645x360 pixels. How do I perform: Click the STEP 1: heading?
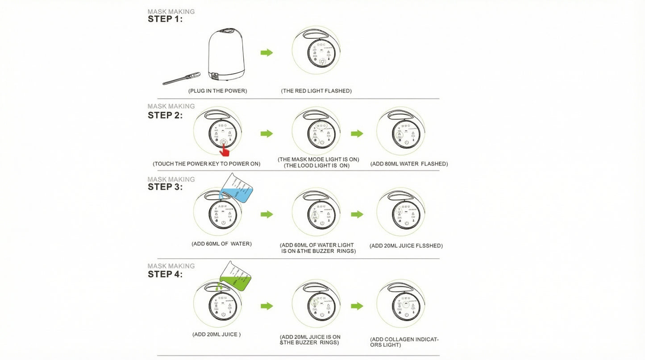click(x=165, y=19)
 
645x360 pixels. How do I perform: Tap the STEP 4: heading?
click(x=165, y=274)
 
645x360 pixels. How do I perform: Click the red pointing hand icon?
click(x=224, y=150)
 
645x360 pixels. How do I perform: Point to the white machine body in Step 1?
click(x=226, y=54)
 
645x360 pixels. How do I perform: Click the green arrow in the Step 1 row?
click(x=266, y=53)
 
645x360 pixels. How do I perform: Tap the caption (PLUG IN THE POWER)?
click(x=217, y=91)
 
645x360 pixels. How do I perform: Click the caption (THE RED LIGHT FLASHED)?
click(x=316, y=91)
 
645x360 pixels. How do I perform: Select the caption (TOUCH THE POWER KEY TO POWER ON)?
click(x=206, y=164)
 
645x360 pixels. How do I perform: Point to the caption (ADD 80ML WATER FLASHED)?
click(x=409, y=164)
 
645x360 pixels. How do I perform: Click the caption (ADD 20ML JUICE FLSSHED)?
click(x=406, y=246)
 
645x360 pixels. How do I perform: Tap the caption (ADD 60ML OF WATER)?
click(x=221, y=244)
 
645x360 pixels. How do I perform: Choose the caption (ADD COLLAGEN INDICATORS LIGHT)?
click(x=404, y=342)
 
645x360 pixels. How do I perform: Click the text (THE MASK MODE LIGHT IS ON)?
click(x=318, y=160)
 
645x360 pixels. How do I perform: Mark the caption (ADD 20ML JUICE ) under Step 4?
click(x=216, y=335)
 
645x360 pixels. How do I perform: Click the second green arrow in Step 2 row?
click(x=357, y=133)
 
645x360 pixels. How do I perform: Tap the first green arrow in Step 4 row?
click(x=266, y=306)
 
